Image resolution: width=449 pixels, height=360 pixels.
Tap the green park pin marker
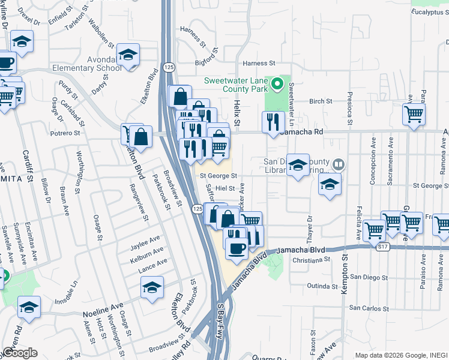coord(277,83)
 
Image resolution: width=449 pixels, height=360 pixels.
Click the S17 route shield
coord(382,246)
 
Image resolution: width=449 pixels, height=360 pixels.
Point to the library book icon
coord(339,164)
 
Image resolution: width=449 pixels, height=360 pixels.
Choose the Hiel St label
coord(224,188)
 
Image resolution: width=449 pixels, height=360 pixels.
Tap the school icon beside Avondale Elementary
coord(128,55)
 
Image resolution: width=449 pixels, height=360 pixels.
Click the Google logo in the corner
coord(20,353)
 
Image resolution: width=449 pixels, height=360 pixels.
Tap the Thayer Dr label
coord(310,225)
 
